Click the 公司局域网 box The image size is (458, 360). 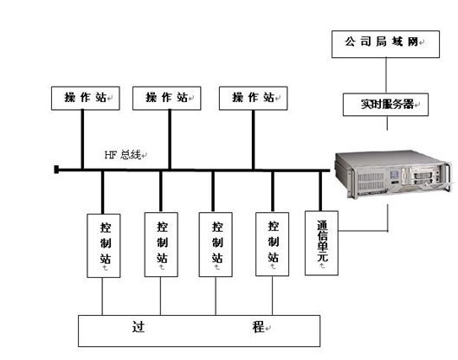[385, 44]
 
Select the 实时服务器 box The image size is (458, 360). [385, 105]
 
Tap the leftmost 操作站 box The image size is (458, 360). [86, 98]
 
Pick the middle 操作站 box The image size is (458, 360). [167, 98]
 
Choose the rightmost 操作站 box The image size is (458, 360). [254, 98]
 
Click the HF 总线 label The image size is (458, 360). [123, 155]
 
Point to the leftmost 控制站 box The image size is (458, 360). [104, 246]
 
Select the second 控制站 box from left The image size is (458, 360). [161, 244]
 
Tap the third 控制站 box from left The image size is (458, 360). [216, 244]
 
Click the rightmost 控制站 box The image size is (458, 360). [272, 244]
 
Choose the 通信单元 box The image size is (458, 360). [321, 243]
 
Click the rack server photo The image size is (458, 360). [395, 174]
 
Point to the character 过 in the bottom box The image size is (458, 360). [139, 327]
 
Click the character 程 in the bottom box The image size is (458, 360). [258, 327]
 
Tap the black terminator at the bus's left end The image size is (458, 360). [56, 170]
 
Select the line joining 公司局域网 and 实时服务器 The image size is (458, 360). [386, 75]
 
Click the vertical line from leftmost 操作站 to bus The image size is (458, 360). [82, 139]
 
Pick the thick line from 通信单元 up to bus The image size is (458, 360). [320, 191]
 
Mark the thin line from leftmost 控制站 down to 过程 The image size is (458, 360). [102, 296]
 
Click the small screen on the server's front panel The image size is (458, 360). [395, 175]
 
